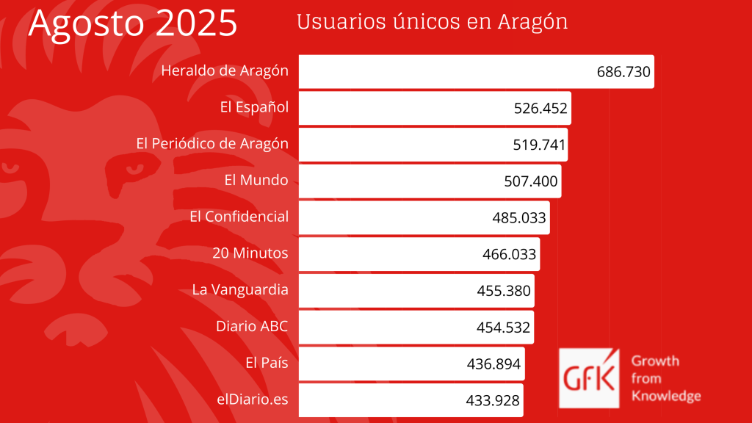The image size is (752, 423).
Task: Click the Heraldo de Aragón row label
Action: pyautogui.click(x=224, y=71)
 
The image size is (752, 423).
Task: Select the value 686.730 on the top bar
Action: pyautogui.click(x=623, y=72)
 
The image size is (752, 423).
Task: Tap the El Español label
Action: pyautogui.click(x=254, y=108)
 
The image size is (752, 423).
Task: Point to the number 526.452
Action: pyautogui.click(x=540, y=109)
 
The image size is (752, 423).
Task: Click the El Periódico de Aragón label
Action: pyautogui.click(x=212, y=144)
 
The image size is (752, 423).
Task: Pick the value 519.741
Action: pyautogui.click(x=539, y=145)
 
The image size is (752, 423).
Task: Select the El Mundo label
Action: pyautogui.click(x=256, y=180)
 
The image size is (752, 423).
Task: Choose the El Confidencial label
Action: pyautogui.click(x=239, y=217)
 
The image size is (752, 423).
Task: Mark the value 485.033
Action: pyautogui.click(x=519, y=218)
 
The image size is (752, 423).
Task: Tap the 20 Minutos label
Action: pyautogui.click(x=250, y=253)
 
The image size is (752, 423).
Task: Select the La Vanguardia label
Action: pyautogui.click(x=240, y=289)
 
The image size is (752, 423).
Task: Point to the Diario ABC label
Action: pyautogui.click(x=252, y=326)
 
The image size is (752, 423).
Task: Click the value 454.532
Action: pyautogui.click(x=503, y=328)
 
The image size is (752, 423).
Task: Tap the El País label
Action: pyautogui.click(x=267, y=362)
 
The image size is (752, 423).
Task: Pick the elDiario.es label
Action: pyautogui.click(x=253, y=399)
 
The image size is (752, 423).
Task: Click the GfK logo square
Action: pyautogui.click(x=589, y=377)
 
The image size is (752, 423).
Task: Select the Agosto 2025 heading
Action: pyautogui.click(x=133, y=23)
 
